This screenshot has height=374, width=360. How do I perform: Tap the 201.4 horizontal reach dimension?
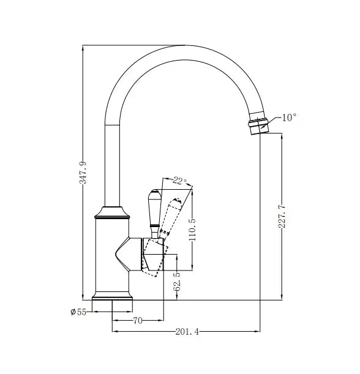187,332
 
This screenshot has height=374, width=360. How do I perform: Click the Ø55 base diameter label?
78,312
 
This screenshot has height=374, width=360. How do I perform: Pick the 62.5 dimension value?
178,283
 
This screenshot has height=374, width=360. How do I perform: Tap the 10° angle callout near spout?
289,118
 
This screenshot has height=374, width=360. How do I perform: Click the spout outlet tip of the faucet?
258,127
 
